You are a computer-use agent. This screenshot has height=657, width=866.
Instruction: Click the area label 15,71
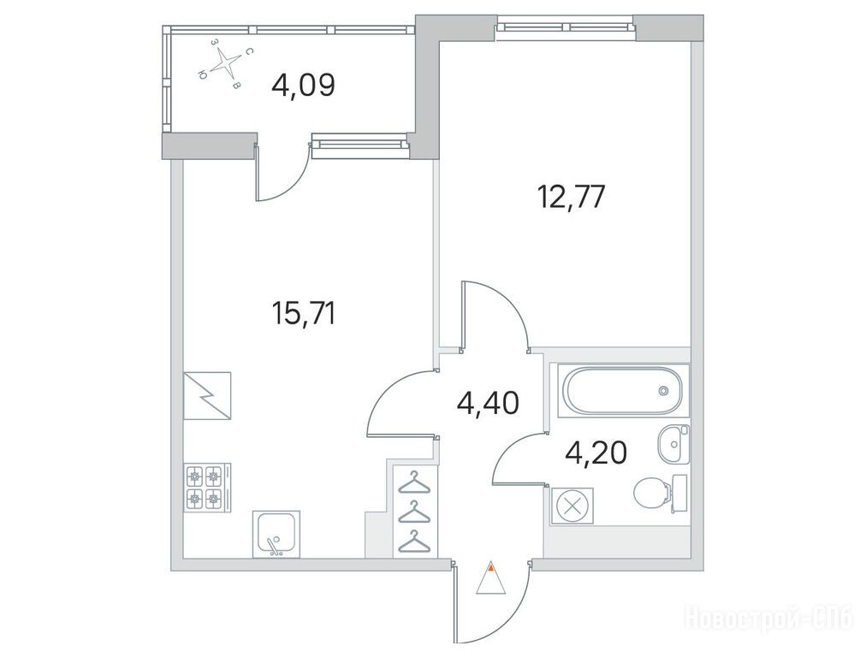(303, 314)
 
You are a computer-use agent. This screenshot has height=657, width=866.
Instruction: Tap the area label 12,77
(571, 197)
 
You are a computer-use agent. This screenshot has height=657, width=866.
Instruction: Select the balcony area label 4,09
(304, 86)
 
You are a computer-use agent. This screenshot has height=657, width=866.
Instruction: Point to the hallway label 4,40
(488, 403)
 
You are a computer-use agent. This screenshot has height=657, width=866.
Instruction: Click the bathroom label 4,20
(596, 453)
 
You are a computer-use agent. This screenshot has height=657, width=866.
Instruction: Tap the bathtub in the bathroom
(622, 390)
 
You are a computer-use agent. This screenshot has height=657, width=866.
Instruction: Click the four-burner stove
(207, 487)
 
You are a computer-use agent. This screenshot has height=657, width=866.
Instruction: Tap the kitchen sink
(276, 533)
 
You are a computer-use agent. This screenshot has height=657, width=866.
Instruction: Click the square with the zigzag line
(207, 396)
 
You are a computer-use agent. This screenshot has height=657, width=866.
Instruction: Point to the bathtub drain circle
(663, 391)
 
